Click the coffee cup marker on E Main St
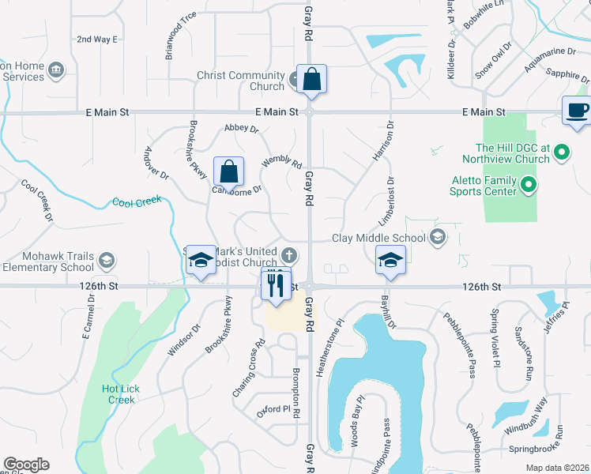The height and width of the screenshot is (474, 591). (x=576, y=110)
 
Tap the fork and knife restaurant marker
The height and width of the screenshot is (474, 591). (x=276, y=284)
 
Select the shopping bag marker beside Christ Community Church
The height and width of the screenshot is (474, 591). (x=312, y=81)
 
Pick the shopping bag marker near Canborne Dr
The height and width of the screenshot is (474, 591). (x=228, y=171)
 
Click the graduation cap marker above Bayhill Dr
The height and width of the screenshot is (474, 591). (x=390, y=261)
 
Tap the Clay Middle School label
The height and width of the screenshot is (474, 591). (x=378, y=237)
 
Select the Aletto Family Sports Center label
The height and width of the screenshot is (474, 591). (x=483, y=186)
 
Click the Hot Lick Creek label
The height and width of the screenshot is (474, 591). (x=119, y=394)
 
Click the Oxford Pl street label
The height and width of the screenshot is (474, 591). (x=270, y=409)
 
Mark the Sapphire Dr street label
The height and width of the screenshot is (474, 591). (x=567, y=77)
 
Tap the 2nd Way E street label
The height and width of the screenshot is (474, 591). (x=96, y=39)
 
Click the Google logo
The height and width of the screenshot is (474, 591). (x=26, y=465)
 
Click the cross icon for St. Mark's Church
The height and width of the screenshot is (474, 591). (x=290, y=254)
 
